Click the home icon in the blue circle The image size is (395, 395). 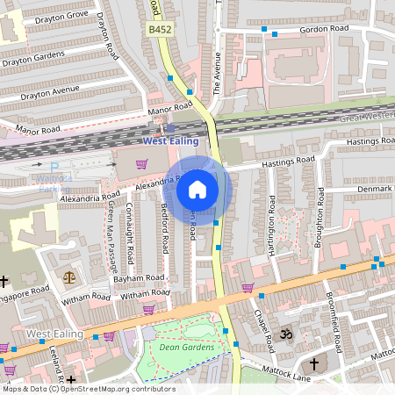[197, 189]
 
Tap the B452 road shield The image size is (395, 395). [158, 29]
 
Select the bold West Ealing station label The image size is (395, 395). [170, 140]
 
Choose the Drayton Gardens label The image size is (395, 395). [33, 57]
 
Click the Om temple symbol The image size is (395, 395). [284, 334]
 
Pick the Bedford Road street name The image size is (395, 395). [164, 230]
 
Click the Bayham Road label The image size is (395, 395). [140, 277]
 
